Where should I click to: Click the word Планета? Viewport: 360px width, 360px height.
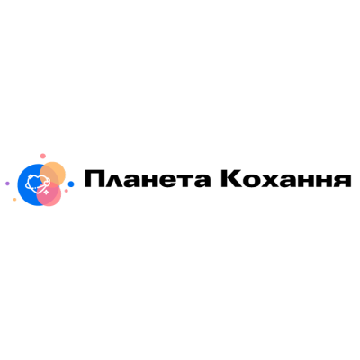[148, 179]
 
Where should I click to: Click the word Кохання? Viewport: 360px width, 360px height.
[286, 179]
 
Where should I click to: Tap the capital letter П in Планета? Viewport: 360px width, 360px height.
[94, 179]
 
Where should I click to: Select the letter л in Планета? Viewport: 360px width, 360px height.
[112, 181]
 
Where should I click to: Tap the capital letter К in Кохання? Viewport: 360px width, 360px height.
[230, 179]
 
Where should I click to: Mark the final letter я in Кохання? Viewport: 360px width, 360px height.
[343, 181]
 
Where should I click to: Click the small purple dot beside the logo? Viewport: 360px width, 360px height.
[7, 184]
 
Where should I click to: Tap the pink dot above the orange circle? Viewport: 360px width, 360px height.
[43, 156]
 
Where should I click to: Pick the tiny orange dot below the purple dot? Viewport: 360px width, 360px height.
[14, 200]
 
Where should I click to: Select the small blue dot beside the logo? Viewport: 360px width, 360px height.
[71, 184]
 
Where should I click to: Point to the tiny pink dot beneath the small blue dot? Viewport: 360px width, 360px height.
[67, 191]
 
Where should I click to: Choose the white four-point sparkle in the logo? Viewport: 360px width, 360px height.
[46, 192]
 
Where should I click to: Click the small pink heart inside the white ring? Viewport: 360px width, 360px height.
[47, 182]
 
